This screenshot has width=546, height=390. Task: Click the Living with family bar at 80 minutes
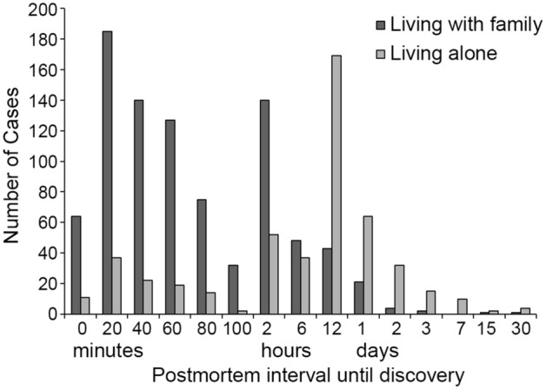201,256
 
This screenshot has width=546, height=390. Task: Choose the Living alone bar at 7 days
462,306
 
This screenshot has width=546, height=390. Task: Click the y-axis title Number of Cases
15,161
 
